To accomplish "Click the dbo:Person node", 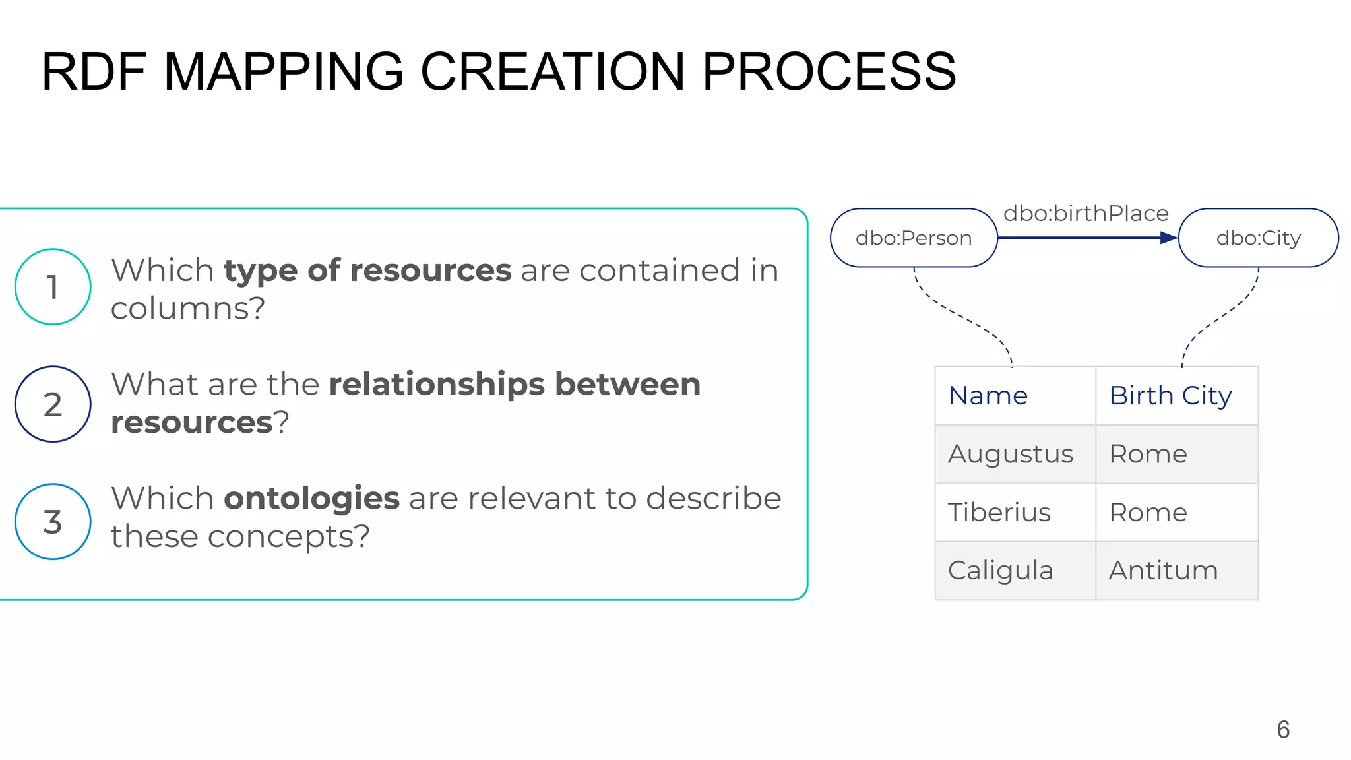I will coord(913,238).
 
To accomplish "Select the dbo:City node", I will coord(1258,238).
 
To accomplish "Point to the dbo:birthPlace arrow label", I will coord(1086,214).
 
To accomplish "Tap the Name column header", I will coord(988,396).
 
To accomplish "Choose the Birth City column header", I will coord(1170,396).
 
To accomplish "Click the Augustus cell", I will coord(1011,454).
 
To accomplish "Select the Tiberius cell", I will coord(999,513).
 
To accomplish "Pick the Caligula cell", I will coord(1000,571).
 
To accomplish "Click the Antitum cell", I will coord(1163,571).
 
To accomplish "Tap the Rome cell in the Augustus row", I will coord(1148,454).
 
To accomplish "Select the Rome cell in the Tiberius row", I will coord(1148,513).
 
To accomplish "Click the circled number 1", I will coord(53,287).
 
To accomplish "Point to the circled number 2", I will coord(53,404).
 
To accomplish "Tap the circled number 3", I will coord(53,522).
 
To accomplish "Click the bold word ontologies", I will coord(311,498).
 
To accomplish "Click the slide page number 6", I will coord(1283,730).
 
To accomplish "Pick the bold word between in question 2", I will coord(627,385).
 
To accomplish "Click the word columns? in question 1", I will coord(188,308).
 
